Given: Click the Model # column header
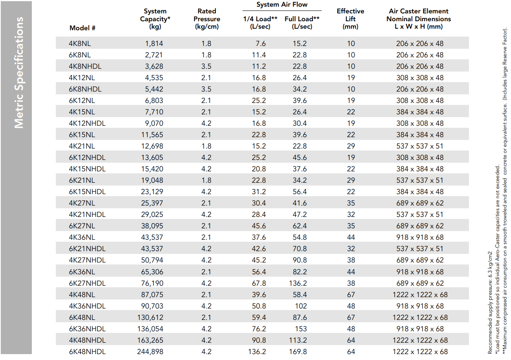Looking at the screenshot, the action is click(x=83, y=28).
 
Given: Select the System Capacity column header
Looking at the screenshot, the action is click(x=155, y=19).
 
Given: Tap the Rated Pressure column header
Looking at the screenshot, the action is click(x=207, y=19).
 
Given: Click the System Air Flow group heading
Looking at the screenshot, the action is click(x=282, y=5).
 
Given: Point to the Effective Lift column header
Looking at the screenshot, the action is click(x=350, y=19).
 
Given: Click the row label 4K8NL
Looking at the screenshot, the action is click(x=80, y=43).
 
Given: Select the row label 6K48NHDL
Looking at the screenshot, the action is click(x=87, y=352).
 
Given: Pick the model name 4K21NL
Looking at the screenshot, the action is click(x=82, y=146).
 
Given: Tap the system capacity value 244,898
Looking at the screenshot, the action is click(x=150, y=352).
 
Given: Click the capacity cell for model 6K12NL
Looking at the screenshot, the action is click(x=154, y=100).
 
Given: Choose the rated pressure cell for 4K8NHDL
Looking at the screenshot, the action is click(x=206, y=66).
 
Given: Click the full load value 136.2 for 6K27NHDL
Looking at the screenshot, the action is click(x=298, y=283).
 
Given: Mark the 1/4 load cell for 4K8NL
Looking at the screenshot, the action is click(x=261, y=43).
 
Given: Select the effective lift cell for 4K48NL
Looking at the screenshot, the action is click(x=351, y=294).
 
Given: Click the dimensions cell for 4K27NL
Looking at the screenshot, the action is click(x=420, y=203).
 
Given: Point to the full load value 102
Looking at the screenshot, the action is click(x=301, y=306).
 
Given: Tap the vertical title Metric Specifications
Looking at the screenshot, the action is click(x=19, y=73).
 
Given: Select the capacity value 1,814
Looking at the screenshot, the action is click(x=154, y=43).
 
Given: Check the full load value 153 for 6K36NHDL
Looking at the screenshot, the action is click(x=301, y=329).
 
